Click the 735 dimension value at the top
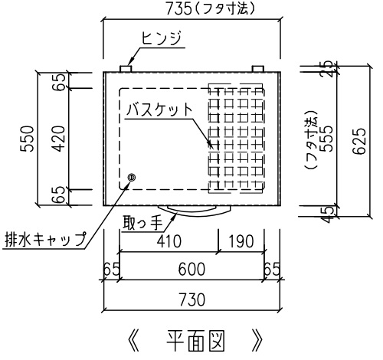pyautogui.click(x=178, y=9)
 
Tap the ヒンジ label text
pyautogui.click(x=161, y=38)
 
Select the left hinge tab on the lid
pyautogui.click(x=126, y=69)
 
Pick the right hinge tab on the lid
pyautogui.click(x=258, y=69)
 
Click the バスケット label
pyautogui.click(x=159, y=110)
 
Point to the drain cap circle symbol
pyautogui.click(x=132, y=177)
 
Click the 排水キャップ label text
pyautogui.click(x=45, y=239)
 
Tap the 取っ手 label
pyautogui.click(x=142, y=223)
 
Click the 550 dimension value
pyautogui.click(x=28, y=139)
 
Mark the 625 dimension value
pyautogui.click(x=359, y=141)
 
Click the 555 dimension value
pyautogui.click(x=327, y=139)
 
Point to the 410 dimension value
pyautogui.click(x=169, y=241)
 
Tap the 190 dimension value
pyautogui.click(x=241, y=241)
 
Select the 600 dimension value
pyautogui.click(x=191, y=269)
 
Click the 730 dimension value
pyautogui.click(x=192, y=299)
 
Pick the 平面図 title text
pyautogui.click(x=195, y=341)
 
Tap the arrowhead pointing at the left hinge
pyautogui.click(x=130, y=62)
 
